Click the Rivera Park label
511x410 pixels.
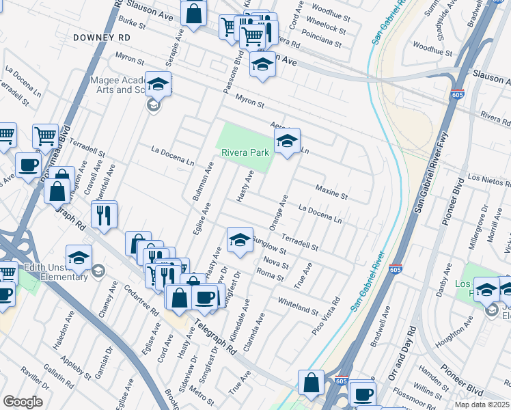(245, 153)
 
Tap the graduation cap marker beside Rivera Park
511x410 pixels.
(287, 141)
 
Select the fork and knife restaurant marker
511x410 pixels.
(104, 214)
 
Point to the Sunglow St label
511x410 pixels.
(268, 243)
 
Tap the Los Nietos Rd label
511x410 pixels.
(488, 180)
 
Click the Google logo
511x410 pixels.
(23, 402)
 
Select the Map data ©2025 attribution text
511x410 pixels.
(482, 405)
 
